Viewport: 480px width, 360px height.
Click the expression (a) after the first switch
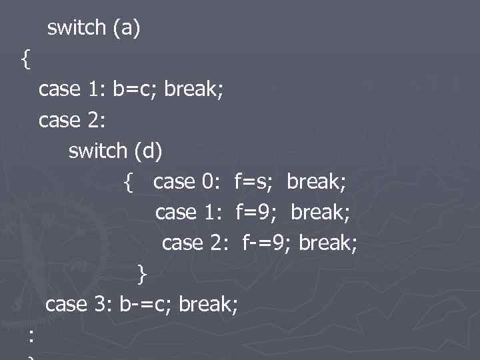point(126,28)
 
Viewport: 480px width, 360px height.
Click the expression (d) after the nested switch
point(147,151)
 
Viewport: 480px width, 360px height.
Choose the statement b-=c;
point(146,304)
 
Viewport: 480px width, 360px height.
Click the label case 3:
point(79,304)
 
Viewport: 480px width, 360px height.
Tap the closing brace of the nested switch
point(141,273)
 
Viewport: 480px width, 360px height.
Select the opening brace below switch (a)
point(25,59)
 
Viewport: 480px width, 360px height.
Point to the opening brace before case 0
point(129,182)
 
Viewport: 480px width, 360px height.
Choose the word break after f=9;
point(321,212)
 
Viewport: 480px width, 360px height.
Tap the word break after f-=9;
point(328,243)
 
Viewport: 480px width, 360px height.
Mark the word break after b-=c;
point(208,304)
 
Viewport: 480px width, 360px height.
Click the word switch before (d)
point(98,151)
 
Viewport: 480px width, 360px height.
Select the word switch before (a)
point(77,28)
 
